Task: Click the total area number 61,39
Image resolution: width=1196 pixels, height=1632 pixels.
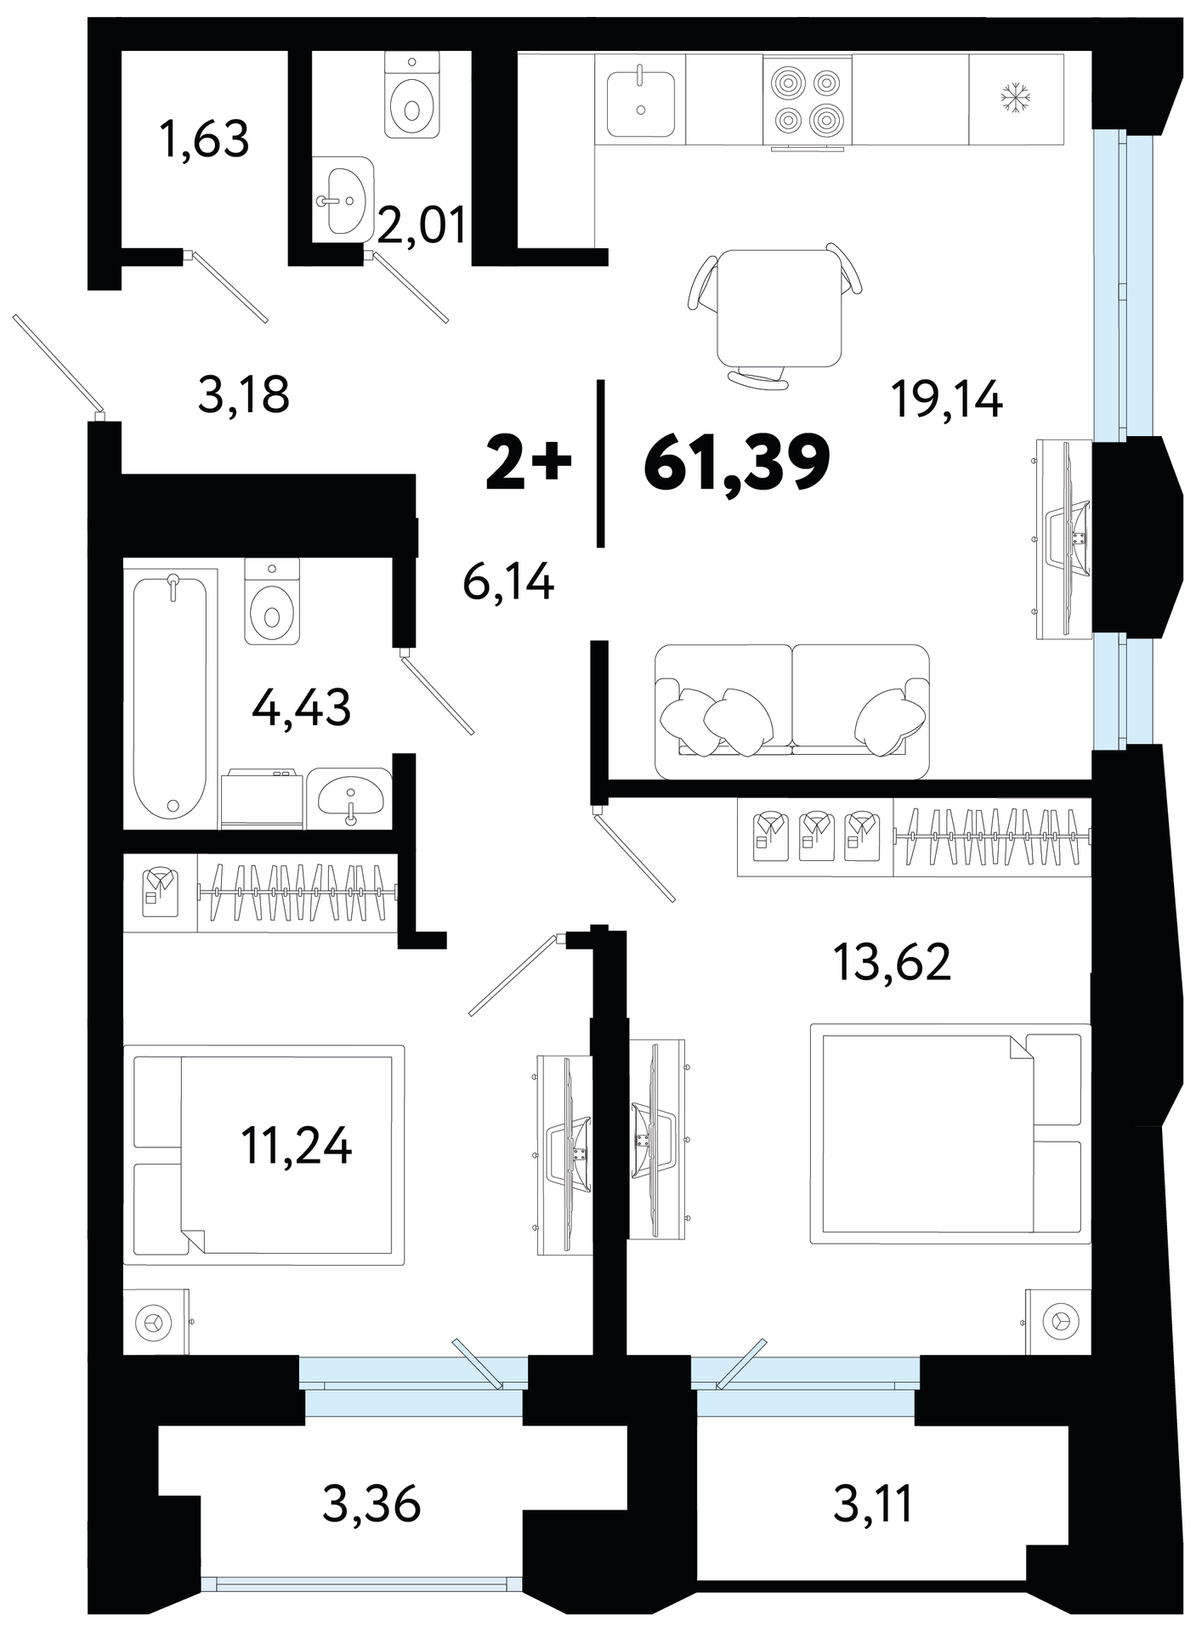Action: [736, 463]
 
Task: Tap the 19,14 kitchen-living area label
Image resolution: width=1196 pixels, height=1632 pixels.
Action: [947, 399]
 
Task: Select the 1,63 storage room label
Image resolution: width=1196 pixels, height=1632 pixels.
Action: [204, 139]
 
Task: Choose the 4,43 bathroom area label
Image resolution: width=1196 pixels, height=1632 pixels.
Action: [302, 707]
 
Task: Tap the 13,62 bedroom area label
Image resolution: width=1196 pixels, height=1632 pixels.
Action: [892, 962]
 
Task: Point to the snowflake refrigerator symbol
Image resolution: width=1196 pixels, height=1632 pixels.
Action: [1015, 97]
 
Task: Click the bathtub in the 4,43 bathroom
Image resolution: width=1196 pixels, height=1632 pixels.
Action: [171, 697]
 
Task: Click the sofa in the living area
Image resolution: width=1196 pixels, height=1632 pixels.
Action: [792, 712]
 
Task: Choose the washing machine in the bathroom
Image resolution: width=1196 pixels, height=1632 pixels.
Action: [263, 798]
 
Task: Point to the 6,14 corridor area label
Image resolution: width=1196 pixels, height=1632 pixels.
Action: [508, 583]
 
